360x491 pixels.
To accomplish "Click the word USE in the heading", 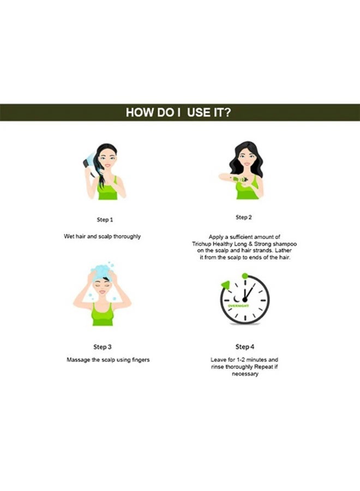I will click(x=199, y=112).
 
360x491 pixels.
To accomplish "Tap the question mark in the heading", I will click(x=230, y=112).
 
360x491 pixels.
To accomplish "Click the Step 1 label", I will click(x=104, y=220).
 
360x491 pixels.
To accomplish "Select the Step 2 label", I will click(x=243, y=217).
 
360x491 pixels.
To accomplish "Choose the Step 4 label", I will click(x=244, y=346).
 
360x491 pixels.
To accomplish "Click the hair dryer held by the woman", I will click(x=87, y=163).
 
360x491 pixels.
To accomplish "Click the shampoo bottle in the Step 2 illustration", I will click(x=237, y=178).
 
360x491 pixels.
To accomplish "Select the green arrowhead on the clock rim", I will click(x=224, y=284).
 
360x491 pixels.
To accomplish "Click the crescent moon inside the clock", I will click(x=236, y=300).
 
